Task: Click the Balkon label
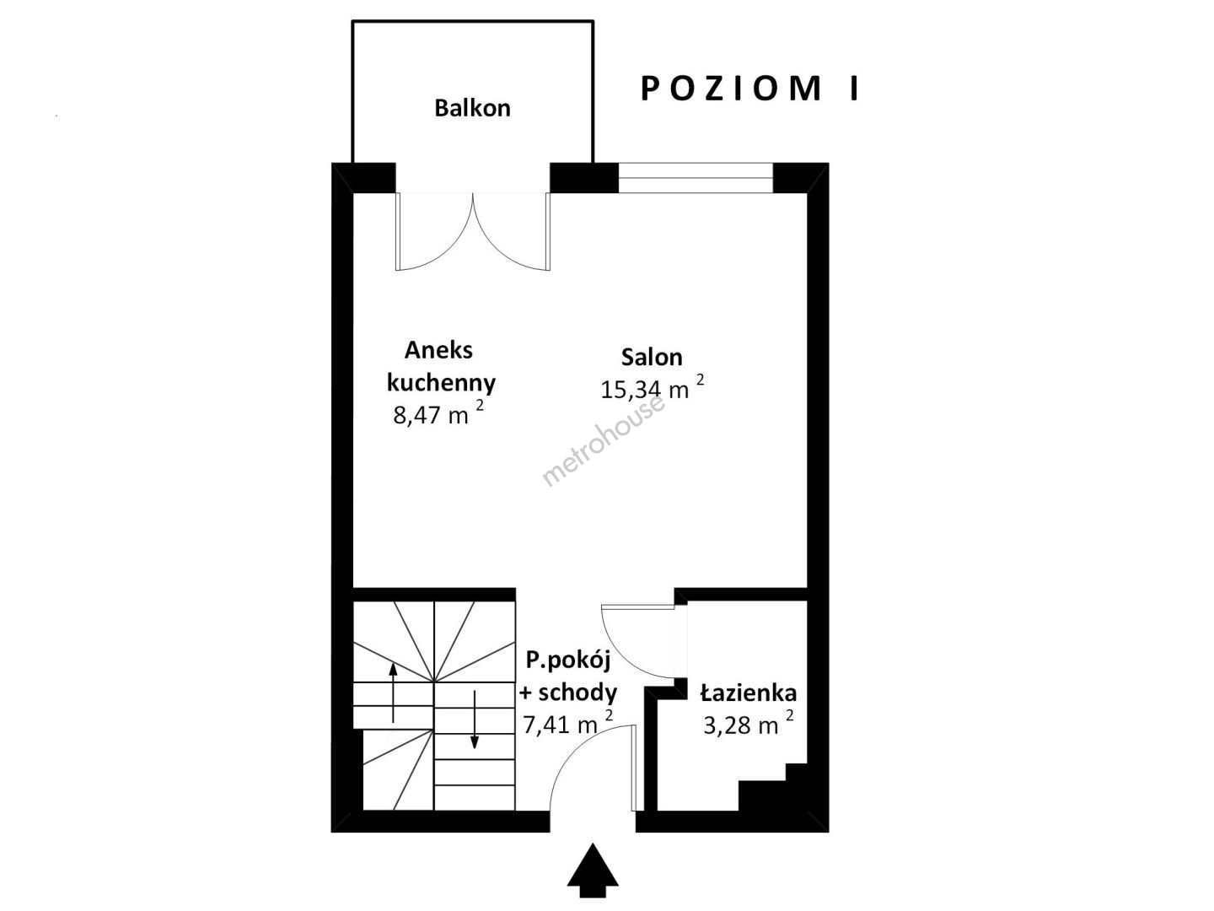click(472, 108)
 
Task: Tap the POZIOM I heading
click(750, 89)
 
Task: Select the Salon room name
click(652, 358)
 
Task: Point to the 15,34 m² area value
click(653, 388)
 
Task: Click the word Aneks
click(438, 350)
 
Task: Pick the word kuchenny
click(441, 382)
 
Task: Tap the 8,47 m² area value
click(438, 413)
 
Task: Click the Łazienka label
click(749, 693)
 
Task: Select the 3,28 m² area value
click(749, 724)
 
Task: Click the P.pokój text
click(567, 661)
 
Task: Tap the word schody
click(577, 692)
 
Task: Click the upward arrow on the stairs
click(393, 693)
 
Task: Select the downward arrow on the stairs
click(474, 719)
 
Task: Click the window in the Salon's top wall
click(696, 177)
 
